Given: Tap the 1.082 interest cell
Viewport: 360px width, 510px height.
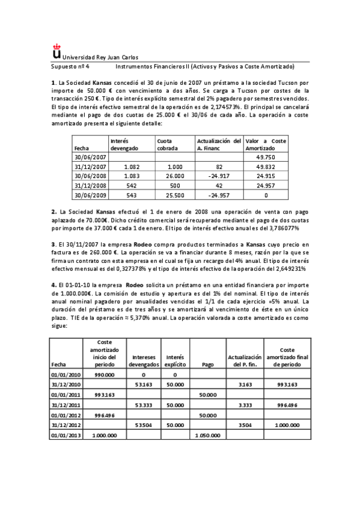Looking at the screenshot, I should tap(130, 167).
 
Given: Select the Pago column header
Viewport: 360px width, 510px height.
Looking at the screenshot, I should tap(207, 364).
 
